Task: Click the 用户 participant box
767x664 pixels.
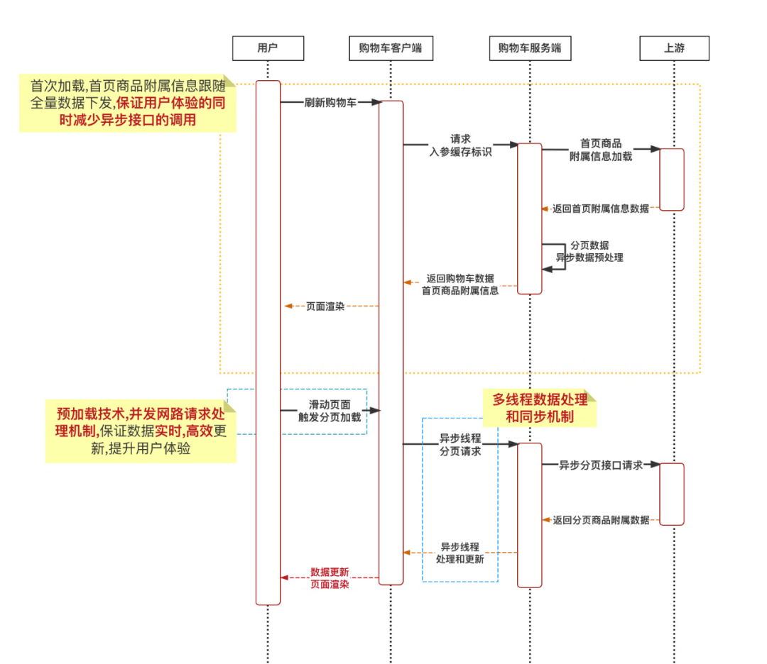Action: click(x=268, y=48)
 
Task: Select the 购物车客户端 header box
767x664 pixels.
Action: click(x=391, y=48)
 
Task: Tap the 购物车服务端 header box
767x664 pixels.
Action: click(x=529, y=48)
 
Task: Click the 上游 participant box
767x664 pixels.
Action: click(x=674, y=48)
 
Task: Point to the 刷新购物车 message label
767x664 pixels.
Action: click(x=331, y=102)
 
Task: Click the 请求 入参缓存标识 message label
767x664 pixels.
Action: click(x=460, y=145)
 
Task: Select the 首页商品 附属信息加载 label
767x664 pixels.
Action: click(x=601, y=150)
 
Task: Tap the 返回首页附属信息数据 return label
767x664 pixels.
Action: click(x=601, y=209)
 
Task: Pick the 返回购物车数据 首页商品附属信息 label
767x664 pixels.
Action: click(x=460, y=284)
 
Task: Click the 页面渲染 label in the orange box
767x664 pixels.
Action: click(x=325, y=306)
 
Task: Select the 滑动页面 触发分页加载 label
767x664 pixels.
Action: click(x=330, y=411)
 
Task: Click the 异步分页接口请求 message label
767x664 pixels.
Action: click(x=601, y=465)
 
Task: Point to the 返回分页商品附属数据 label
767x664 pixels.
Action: click(x=601, y=520)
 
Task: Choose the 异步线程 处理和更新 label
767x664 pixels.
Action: click(x=460, y=553)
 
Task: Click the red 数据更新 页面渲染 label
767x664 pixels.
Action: click(x=330, y=577)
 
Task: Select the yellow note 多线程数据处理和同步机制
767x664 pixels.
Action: click(x=540, y=408)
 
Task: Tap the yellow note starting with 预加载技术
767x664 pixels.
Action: click(x=141, y=431)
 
